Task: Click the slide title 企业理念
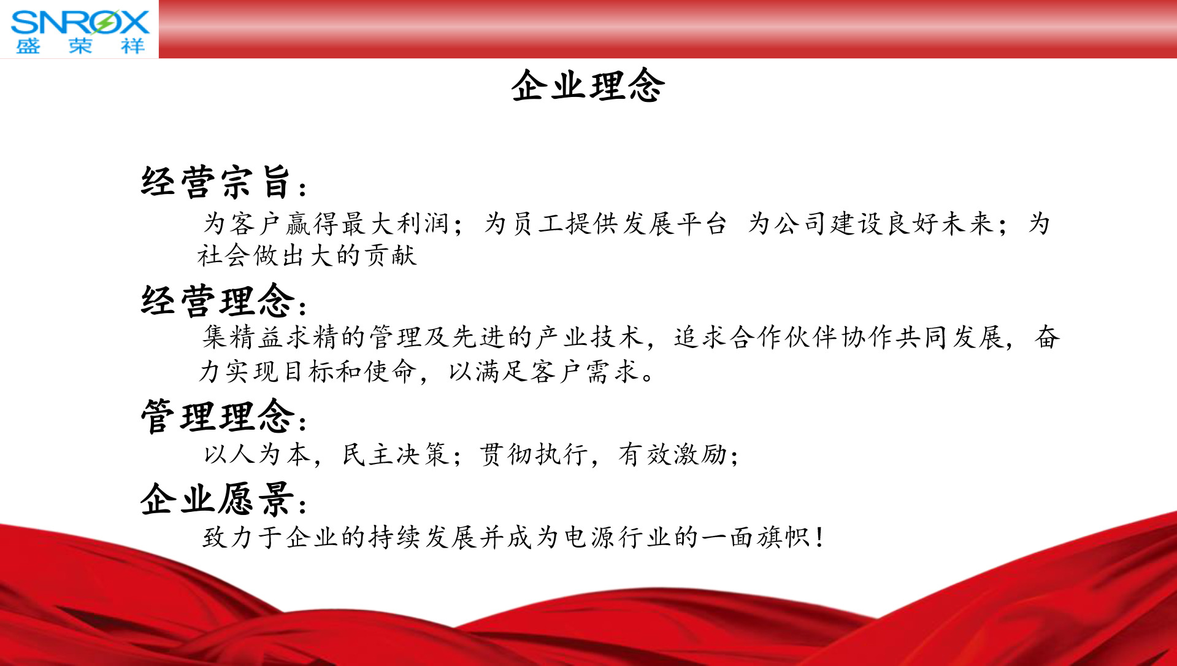click(588, 85)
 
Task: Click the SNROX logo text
click(80, 22)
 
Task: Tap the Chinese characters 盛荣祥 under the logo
click(80, 46)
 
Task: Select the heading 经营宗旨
click(215, 182)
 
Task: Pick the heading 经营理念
click(218, 300)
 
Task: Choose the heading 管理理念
click(218, 416)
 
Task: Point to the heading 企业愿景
click(218, 498)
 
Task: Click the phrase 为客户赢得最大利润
click(326, 223)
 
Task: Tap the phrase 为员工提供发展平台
click(605, 223)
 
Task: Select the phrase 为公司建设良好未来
click(870, 223)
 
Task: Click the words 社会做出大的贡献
click(307, 255)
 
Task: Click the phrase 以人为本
click(257, 454)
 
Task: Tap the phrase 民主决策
click(396, 454)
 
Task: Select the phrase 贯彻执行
click(533, 454)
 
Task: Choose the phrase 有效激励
click(672, 454)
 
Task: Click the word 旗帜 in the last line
click(783, 537)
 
